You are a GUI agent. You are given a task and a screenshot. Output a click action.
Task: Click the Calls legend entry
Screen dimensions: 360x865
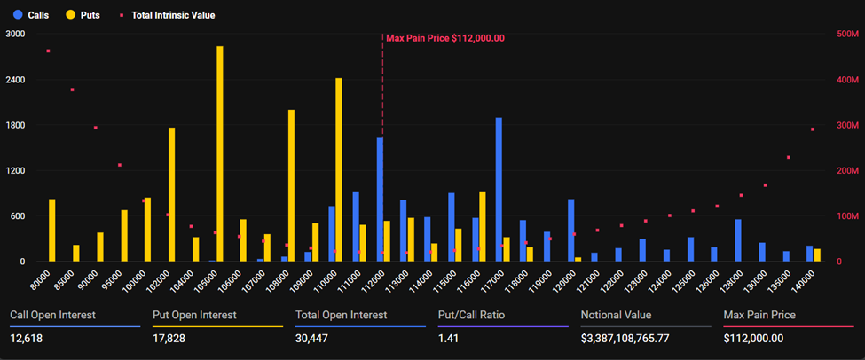(31, 15)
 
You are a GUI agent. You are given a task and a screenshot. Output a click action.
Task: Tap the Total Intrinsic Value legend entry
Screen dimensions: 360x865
(167, 15)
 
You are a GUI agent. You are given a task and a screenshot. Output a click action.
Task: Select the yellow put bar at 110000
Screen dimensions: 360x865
(338, 169)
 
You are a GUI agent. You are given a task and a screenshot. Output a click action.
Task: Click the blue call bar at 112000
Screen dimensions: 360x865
(380, 200)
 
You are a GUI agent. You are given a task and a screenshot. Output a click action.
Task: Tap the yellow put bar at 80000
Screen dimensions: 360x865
(51, 230)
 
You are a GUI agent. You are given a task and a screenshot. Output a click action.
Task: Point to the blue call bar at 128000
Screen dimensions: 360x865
(737, 240)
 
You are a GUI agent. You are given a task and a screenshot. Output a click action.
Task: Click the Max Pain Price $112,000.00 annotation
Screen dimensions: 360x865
(445, 38)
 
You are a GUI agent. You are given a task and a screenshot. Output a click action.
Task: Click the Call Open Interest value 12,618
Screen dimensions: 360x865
(28, 338)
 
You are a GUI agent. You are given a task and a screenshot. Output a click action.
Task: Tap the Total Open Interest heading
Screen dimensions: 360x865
(341, 315)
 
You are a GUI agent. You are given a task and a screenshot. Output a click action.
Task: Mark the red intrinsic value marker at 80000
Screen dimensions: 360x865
(48, 51)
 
